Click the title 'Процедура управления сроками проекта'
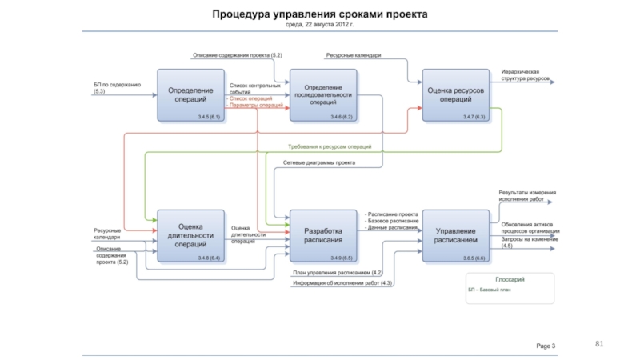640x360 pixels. coord(319,14)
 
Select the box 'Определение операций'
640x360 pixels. coord(190,94)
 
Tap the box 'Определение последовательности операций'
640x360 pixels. coord(322,94)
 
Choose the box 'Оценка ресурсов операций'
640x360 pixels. coord(455,94)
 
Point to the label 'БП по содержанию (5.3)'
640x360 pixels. coord(117,87)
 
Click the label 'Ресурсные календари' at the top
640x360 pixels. coord(353,55)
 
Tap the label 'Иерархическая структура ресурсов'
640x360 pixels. coord(526,75)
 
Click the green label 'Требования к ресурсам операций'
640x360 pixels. coord(330,147)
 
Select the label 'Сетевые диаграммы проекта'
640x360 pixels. coord(319,162)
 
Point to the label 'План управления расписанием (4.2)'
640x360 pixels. coord(337,273)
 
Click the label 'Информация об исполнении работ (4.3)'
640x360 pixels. coord(342,283)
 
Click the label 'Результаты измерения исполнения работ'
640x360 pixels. coord(526,195)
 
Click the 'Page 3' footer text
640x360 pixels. coord(546,345)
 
